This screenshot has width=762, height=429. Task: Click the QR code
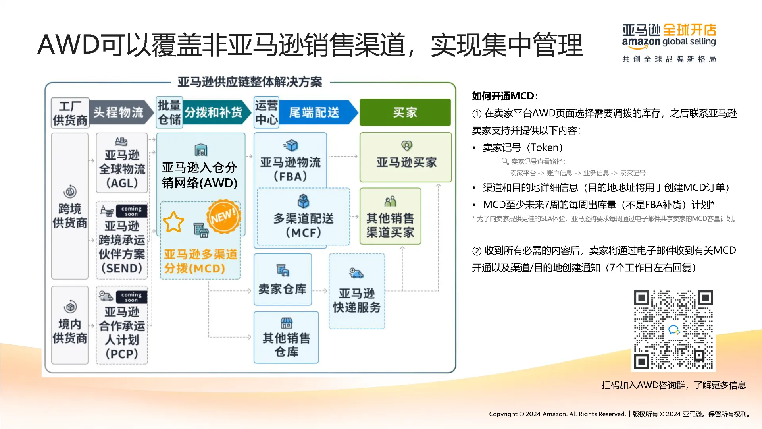click(x=673, y=330)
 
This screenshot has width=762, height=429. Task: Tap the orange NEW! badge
click(x=223, y=216)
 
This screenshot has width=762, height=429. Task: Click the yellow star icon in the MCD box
click(x=173, y=222)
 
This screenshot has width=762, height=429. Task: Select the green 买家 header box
click(x=405, y=112)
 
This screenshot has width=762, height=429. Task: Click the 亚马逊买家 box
click(x=406, y=157)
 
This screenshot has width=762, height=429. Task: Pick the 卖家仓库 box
click(x=283, y=280)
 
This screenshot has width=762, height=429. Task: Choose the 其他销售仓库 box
click(x=286, y=337)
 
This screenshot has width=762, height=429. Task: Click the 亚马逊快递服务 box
click(x=357, y=291)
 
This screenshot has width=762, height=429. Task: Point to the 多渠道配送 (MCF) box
click(x=304, y=217)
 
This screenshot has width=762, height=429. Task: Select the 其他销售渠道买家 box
click(x=390, y=216)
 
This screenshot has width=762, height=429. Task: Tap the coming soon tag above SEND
click(x=131, y=211)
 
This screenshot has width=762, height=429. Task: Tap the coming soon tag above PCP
click(x=131, y=297)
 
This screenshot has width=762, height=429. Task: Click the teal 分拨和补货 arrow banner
click(x=217, y=112)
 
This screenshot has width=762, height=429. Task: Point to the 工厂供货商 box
click(x=70, y=113)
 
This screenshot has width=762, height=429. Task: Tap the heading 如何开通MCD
click(x=503, y=96)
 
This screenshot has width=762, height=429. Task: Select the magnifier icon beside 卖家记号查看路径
click(x=505, y=161)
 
